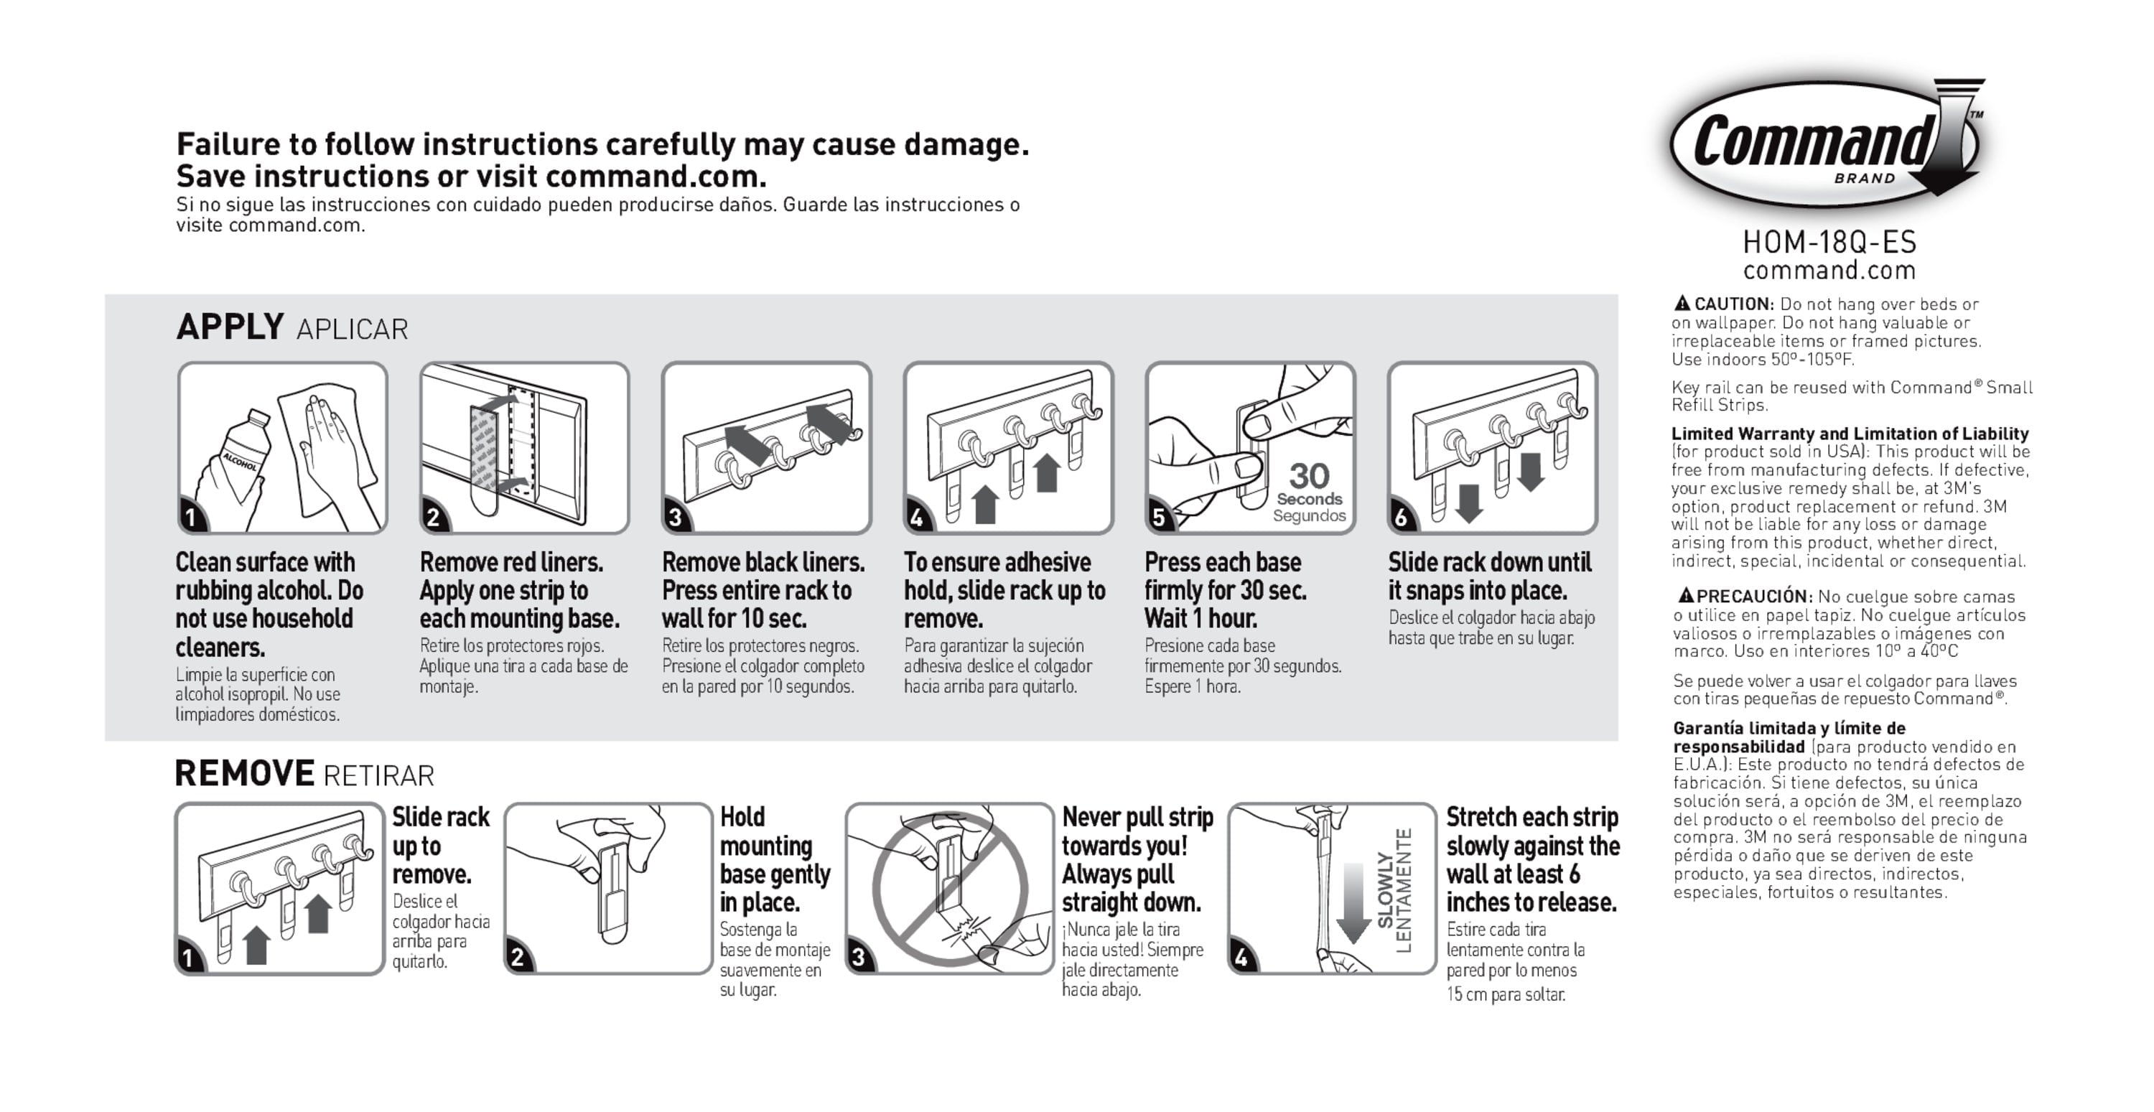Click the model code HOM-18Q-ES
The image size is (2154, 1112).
coord(1829,243)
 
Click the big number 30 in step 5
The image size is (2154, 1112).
coord(1309,476)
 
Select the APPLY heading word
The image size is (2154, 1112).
coord(230,327)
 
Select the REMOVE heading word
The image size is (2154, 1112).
coord(244,773)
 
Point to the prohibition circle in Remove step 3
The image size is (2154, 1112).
coord(950,889)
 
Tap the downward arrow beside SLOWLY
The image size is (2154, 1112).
coord(1352,903)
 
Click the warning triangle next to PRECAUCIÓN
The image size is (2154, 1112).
coord(1686,595)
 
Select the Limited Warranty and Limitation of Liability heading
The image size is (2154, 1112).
coord(1850,433)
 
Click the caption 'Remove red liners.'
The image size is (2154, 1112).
coord(511,562)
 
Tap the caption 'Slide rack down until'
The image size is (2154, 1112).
coord(1489,562)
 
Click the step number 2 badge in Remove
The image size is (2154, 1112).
coord(518,958)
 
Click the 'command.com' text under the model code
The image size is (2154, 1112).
coord(1829,271)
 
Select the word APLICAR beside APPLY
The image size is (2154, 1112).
coord(352,330)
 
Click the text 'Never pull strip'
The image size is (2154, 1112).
coord(1137,817)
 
